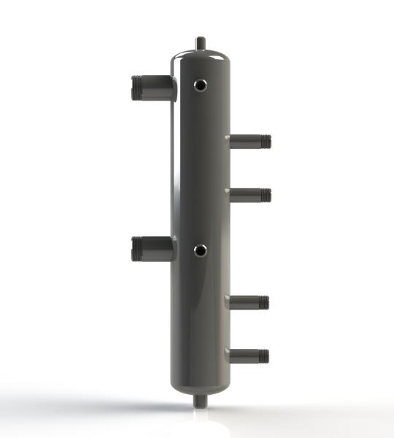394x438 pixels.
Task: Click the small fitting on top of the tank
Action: pyautogui.click(x=199, y=43)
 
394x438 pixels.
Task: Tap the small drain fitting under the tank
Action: pyautogui.click(x=199, y=401)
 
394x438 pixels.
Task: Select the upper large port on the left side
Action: pyautogui.click(x=153, y=88)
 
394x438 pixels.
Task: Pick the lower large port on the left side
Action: pyautogui.click(x=153, y=250)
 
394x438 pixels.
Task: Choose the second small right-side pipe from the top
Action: pyautogui.click(x=249, y=194)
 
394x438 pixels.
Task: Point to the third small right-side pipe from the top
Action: pyautogui.click(x=249, y=301)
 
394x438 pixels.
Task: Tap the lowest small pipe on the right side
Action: pyautogui.click(x=249, y=356)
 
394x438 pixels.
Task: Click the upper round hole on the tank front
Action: pyautogui.click(x=200, y=86)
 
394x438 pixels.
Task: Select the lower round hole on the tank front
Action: pyautogui.click(x=200, y=251)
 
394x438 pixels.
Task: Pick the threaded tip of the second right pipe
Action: pyautogui.click(x=266, y=194)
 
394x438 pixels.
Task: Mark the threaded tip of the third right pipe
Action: pyautogui.click(x=266, y=301)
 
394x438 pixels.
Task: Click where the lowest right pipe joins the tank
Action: pyautogui.click(x=230, y=356)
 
